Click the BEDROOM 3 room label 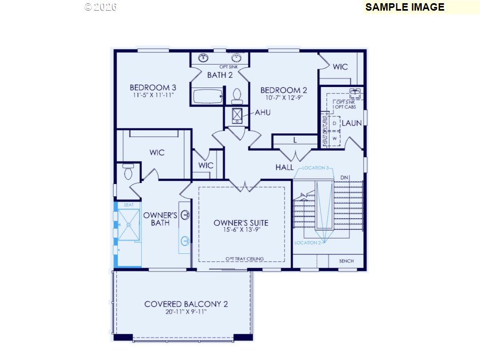tap(153, 87)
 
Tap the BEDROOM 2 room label tap(284, 90)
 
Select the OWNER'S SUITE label tap(241, 222)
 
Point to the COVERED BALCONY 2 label tap(186, 304)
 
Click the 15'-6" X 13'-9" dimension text tap(241, 230)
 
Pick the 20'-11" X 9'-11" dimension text tap(186, 312)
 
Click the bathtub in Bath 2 tap(207, 97)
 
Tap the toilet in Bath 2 tap(237, 96)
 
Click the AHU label tap(263, 113)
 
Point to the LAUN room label tap(351, 123)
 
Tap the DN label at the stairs tap(345, 177)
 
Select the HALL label tap(284, 167)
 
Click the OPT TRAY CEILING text tap(245, 259)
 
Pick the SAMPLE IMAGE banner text tap(405, 7)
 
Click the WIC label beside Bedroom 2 tap(340, 67)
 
